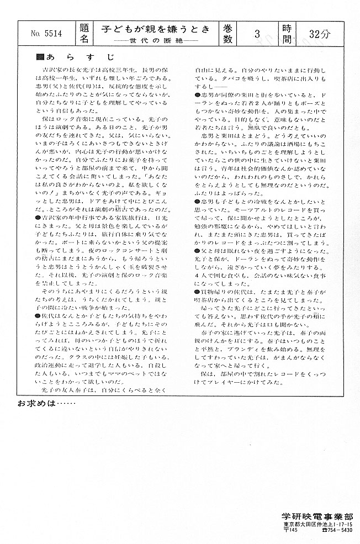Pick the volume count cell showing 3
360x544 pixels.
(x=257, y=34)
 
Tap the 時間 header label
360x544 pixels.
(x=288, y=34)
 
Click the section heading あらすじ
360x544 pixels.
(x=80, y=57)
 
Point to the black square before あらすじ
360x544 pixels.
(x=39, y=57)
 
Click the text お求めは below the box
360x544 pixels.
(x=45, y=403)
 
